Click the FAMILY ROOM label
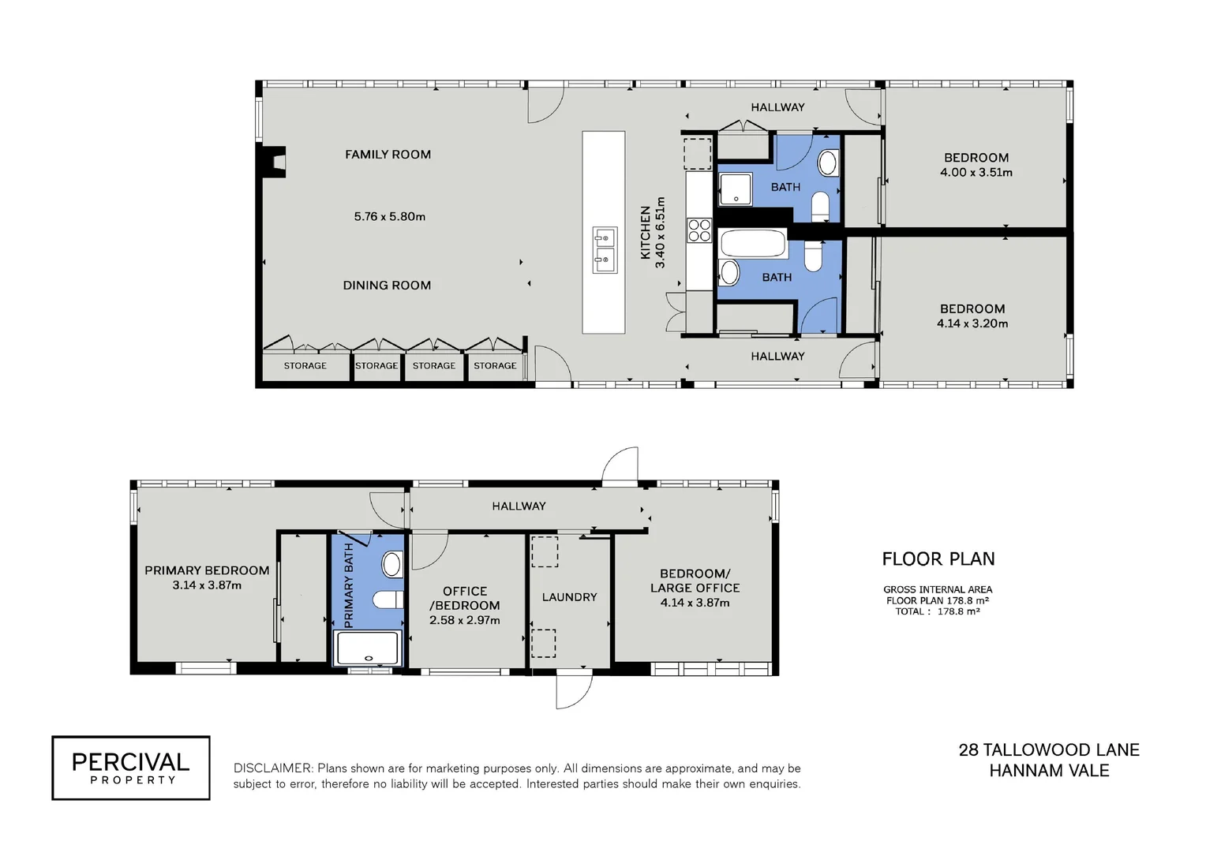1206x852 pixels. point(388,155)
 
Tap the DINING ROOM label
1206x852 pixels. point(387,286)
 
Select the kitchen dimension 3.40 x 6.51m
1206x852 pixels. point(661,233)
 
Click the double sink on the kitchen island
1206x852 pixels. point(605,249)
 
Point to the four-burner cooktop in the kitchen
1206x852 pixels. point(699,230)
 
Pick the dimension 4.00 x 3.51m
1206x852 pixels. point(976,172)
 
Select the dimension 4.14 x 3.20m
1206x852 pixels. point(972,323)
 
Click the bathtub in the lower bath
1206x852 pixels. point(753,244)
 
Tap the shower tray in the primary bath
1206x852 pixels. point(369,648)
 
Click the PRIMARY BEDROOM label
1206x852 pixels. point(207,570)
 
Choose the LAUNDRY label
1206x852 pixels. point(569,597)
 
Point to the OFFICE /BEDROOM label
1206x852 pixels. point(465,599)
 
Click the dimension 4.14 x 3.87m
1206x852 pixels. point(695,603)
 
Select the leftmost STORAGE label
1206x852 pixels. point(305,366)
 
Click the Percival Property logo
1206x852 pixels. point(131,768)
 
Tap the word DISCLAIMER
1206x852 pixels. point(272,768)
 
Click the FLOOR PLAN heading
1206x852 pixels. point(938,559)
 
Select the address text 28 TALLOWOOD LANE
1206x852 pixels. point(1049,750)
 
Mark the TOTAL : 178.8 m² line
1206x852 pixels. point(937,611)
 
